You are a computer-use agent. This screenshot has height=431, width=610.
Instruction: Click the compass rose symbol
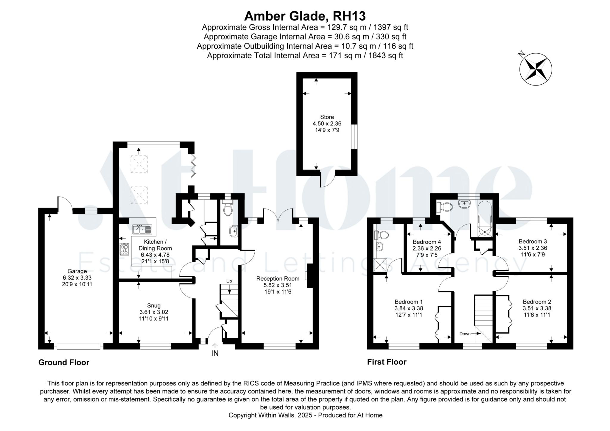[x=535, y=69]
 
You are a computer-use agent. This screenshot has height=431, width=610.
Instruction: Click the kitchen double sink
[x=142, y=229]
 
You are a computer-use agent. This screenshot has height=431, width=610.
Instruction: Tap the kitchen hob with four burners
[x=125, y=249]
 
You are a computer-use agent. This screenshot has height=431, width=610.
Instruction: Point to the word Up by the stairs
[x=229, y=281]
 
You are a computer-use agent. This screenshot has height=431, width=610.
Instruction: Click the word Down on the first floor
[x=465, y=334]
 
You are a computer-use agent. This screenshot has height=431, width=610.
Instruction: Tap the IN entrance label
[x=215, y=353]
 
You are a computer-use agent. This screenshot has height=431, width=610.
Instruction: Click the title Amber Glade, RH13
[x=305, y=16]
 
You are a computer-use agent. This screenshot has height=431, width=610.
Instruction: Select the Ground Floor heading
[x=64, y=362]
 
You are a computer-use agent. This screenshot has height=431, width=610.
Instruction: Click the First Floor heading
[x=387, y=362]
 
